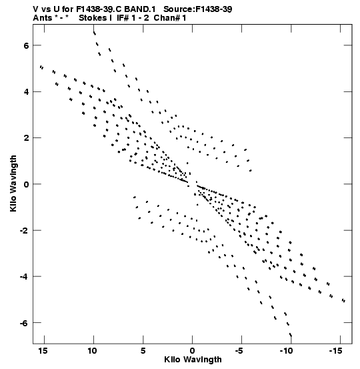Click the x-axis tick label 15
pyautogui.click(x=43, y=351)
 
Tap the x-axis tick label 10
pyautogui.click(x=92, y=351)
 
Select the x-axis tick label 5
pyautogui.click(x=143, y=351)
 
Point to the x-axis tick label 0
pyautogui.click(x=193, y=351)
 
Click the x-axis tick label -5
pyautogui.click(x=239, y=351)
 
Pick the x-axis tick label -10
pyautogui.click(x=286, y=351)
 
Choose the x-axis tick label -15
pyautogui.click(x=335, y=351)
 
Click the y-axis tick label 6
pyautogui.click(x=26, y=45)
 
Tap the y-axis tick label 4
pyautogui.click(x=26, y=92)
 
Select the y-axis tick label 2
pyautogui.click(x=26, y=138)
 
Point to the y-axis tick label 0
pyautogui.click(x=26, y=184)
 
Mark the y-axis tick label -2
pyautogui.click(x=24, y=230)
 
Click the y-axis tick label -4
pyautogui.click(x=24, y=276)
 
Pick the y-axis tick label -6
pyautogui.click(x=24, y=323)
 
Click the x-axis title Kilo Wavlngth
pyautogui.click(x=193, y=360)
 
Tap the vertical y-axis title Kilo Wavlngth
pyautogui.click(x=13, y=183)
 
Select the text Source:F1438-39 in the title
pyautogui.click(x=198, y=9)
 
